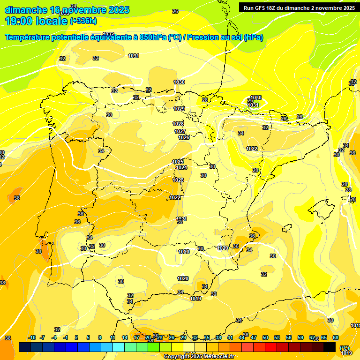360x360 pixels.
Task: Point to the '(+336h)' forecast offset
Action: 83,21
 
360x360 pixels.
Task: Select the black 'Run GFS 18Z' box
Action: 298,7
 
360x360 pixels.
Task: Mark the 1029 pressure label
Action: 179,109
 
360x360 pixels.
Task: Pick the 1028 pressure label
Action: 178,124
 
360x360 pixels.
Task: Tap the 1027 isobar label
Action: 180,131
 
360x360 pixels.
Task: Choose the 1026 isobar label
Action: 184,137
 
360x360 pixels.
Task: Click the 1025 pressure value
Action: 178,162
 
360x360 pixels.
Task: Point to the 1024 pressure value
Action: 181,167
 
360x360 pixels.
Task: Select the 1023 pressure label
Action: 178,180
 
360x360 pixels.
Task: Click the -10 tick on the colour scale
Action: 32,337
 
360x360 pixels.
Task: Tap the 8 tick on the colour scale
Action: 100,337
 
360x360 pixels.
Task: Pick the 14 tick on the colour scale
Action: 125,337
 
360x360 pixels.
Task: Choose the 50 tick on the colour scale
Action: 265,337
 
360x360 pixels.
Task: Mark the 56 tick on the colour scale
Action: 289,337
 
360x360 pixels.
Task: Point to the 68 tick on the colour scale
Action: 336,337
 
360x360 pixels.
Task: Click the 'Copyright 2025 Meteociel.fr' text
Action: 199,357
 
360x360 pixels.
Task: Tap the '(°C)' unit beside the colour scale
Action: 345,348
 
